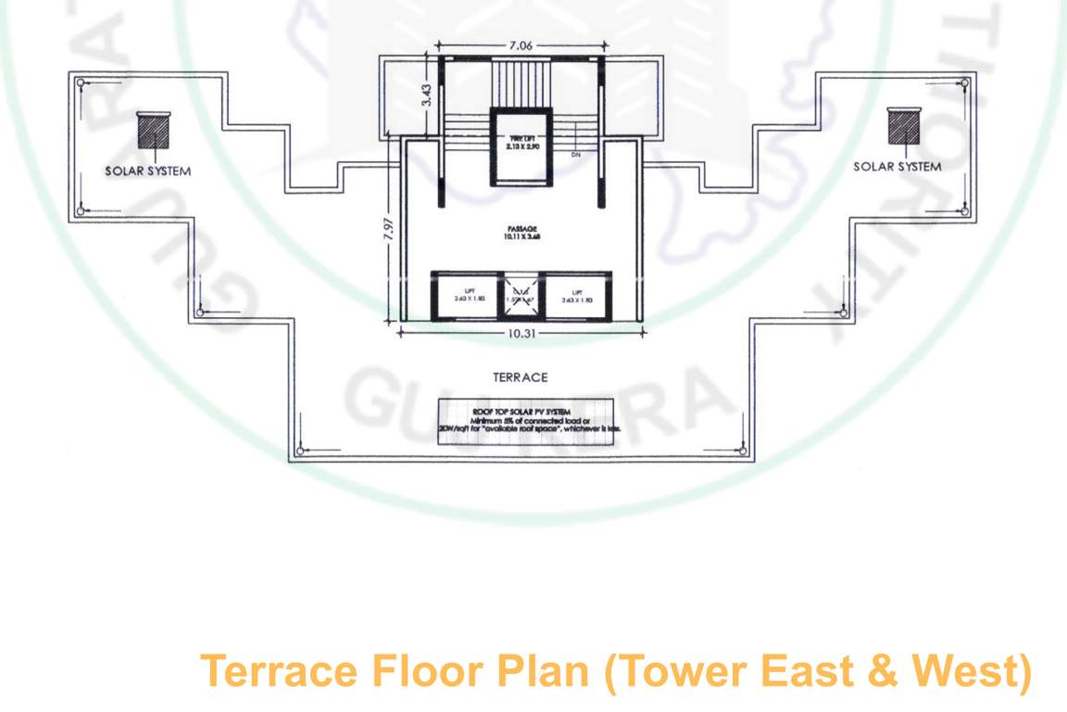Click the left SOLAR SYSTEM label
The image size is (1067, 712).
coord(148,171)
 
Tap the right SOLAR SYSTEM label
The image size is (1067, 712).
coord(897,167)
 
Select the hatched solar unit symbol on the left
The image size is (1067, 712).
coord(153,130)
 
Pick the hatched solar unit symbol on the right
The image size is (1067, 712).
coord(902,125)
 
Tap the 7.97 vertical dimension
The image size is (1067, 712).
coord(389,229)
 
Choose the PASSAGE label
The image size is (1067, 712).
coord(521,232)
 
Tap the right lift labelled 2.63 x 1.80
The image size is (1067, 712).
coord(576,296)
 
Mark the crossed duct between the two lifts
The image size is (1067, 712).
coord(521,296)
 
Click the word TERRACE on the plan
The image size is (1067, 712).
coord(521,377)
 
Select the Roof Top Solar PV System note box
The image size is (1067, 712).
coord(525,421)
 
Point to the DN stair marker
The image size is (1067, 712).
coord(576,154)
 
